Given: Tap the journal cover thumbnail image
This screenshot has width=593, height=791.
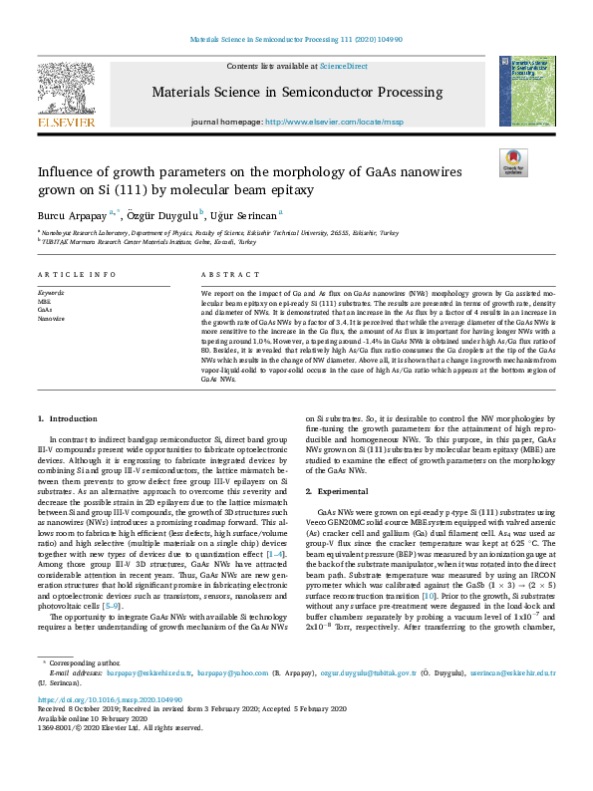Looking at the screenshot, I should coord(527,92).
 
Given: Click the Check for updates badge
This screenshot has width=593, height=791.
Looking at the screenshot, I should coord(513,162).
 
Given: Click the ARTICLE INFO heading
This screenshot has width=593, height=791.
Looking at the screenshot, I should coord(72,273).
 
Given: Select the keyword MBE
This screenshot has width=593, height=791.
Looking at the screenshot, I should coord(44,299).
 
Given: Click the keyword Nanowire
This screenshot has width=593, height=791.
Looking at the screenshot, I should coord(51,318).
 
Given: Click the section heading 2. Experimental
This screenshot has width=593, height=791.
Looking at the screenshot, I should coord(339,492).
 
